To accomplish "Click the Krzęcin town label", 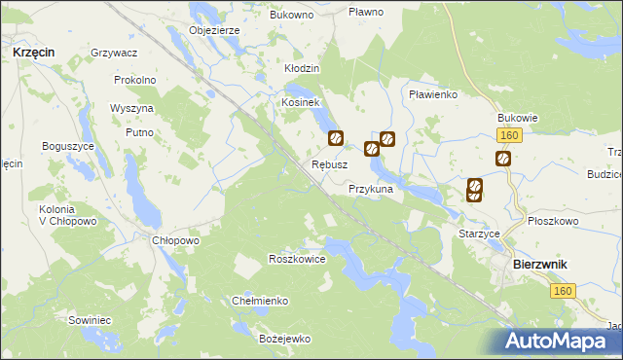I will point(33,51).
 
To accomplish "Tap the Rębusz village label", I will point(329,164).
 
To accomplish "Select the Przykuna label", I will point(370,189).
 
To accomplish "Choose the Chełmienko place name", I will point(260,301).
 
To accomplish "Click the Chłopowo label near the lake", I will point(176,240).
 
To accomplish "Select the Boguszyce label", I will point(67,146).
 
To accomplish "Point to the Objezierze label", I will point(214,30).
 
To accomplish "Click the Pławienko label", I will point(433,94).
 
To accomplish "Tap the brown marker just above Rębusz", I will point(336,140).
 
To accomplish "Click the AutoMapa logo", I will point(559,342).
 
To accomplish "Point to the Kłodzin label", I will point(302,69).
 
